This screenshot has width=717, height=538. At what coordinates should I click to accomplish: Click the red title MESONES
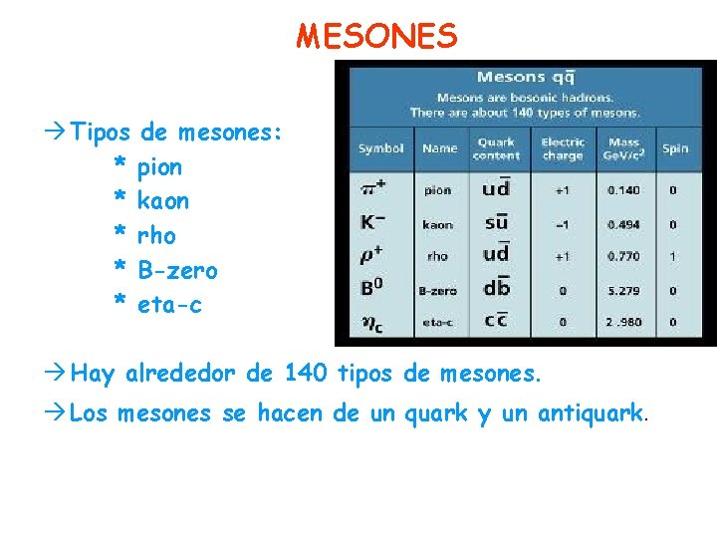pyautogui.click(x=377, y=37)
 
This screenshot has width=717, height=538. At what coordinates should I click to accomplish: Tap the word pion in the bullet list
pyautogui.click(x=159, y=166)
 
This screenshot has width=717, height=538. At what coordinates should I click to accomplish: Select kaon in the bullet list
pyautogui.click(x=163, y=200)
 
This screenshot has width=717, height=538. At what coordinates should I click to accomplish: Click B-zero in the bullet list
pyautogui.click(x=177, y=270)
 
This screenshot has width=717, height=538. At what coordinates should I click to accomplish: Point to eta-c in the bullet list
pyautogui.click(x=169, y=304)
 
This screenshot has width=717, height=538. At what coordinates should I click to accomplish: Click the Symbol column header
pyautogui.click(x=381, y=149)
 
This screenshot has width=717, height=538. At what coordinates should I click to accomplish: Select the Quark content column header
pyautogui.click(x=496, y=149)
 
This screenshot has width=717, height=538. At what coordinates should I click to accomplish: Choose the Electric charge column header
pyautogui.click(x=563, y=149)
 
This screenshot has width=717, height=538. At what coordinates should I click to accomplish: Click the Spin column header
pyautogui.click(x=674, y=149)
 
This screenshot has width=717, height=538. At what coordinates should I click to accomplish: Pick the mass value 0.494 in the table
pyautogui.click(x=623, y=224)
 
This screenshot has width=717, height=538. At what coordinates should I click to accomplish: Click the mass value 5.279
pyautogui.click(x=623, y=291)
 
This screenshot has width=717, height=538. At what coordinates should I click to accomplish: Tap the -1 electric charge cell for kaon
pyautogui.click(x=563, y=224)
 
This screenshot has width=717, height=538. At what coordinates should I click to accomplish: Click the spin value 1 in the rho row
pyautogui.click(x=673, y=257)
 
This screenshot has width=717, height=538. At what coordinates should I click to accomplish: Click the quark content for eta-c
pyautogui.click(x=496, y=321)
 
